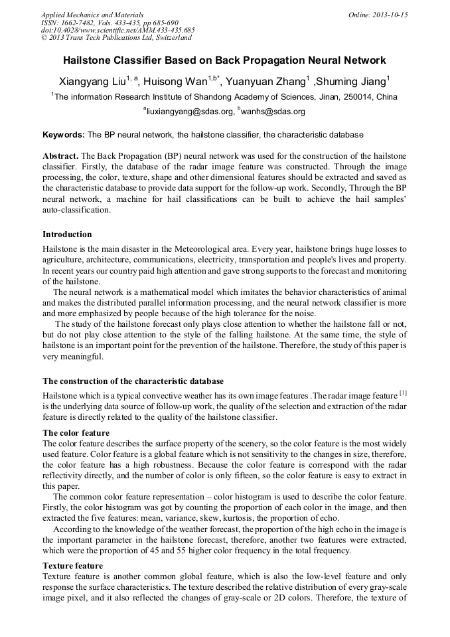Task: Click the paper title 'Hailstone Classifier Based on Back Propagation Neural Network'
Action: pos(224,60)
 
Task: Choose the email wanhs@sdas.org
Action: pos(273,112)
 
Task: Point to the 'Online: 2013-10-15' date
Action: pos(378,15)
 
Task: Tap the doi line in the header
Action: pos(117,31)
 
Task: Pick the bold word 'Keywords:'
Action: pos(64,135)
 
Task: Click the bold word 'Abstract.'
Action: pos(61,155)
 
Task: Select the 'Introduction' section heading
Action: pos(67,234)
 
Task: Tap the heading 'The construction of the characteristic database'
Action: pos(133,381)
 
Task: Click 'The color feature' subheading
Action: pos(76,433)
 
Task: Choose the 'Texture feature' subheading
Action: pos(72,566)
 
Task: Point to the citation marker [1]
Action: pos(402,393)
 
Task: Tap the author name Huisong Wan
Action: pos(178,82)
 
